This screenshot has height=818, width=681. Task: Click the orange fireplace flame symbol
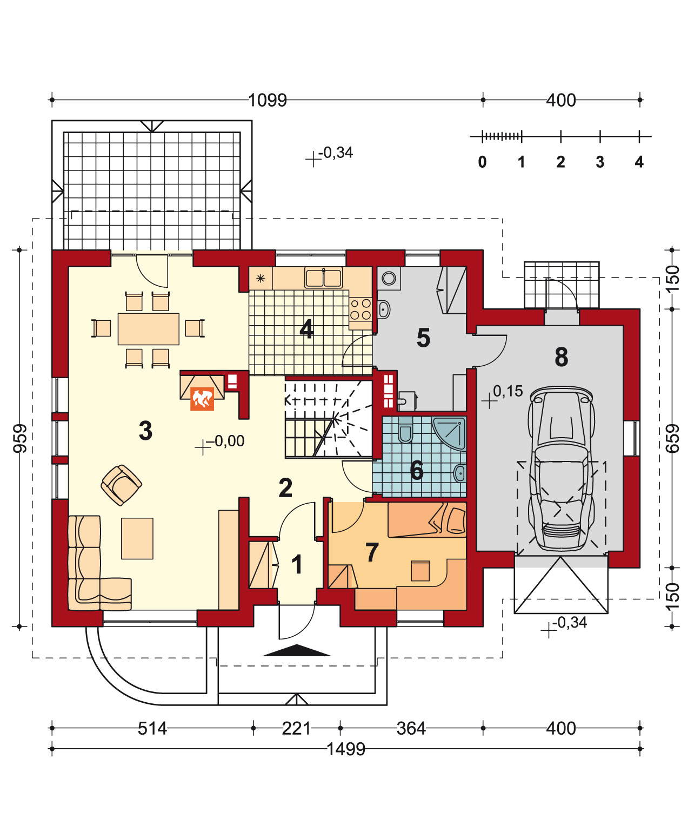(202, 398)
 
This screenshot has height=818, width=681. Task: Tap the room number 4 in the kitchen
(306, 329)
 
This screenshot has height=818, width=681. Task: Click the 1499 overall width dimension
(345, 749)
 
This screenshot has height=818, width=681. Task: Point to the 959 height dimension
(20, 438)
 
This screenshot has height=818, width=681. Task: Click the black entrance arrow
(297, 650)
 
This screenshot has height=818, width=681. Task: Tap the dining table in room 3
(148, 329)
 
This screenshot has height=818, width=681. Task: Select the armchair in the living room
(121, 485)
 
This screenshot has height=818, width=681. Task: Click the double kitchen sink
(323, 278)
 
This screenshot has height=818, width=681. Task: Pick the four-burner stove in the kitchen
(360, 309)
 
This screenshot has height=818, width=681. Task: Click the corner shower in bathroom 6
(449, 433)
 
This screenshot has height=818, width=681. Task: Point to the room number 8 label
(561, 357)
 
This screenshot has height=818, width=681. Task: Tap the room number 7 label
(372, 552)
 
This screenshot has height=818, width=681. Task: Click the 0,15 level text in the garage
(508, 391)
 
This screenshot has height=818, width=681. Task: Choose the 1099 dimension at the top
(268, 100)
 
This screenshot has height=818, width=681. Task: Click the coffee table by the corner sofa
(137, 538)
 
